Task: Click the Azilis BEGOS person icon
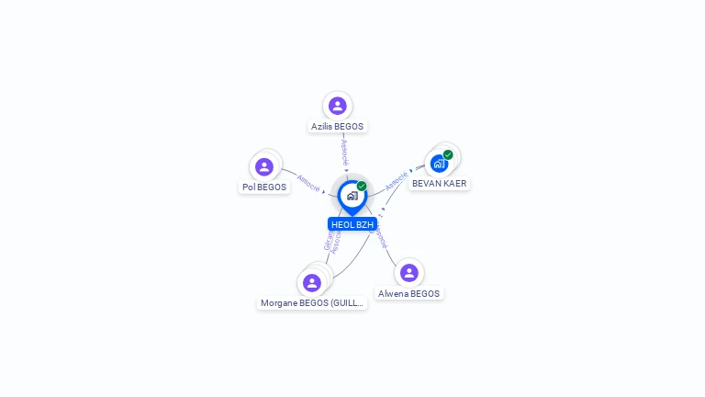pyautogui.click(x=337, y=106)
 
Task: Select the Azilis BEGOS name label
pyautogui.click(x=337, y=126)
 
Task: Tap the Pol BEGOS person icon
pyautogui.click(x=264, y=166)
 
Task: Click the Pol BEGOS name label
pyautogui.click(x=264, y=187)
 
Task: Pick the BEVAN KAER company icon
pyautogui.click(x=439, y=164)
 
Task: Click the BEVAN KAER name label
pyautogui.click(x=439, y=183)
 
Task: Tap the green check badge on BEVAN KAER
pyautogui.click(x=448, y=154)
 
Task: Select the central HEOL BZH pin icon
pyautogui.click(x=352, y=196)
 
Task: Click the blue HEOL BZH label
pyautogui.click(x=352, y=224)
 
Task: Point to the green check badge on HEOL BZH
pyautogui.click(x=362, y=186)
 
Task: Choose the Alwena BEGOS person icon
pyautogui.click(x=408, y=273)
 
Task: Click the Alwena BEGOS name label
pyautogui.click(x=408, y=294)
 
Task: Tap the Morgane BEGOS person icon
pyautogui.click(x=312, y=282)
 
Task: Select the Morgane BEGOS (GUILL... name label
pyautogui.click(x=312, y=302)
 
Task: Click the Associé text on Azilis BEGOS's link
pyautogui.click(x=344, y=151)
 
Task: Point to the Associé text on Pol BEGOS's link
pyautogui.click(x=308, y=184)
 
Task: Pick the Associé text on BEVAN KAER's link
pyautogui.click(x=397, y=180)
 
